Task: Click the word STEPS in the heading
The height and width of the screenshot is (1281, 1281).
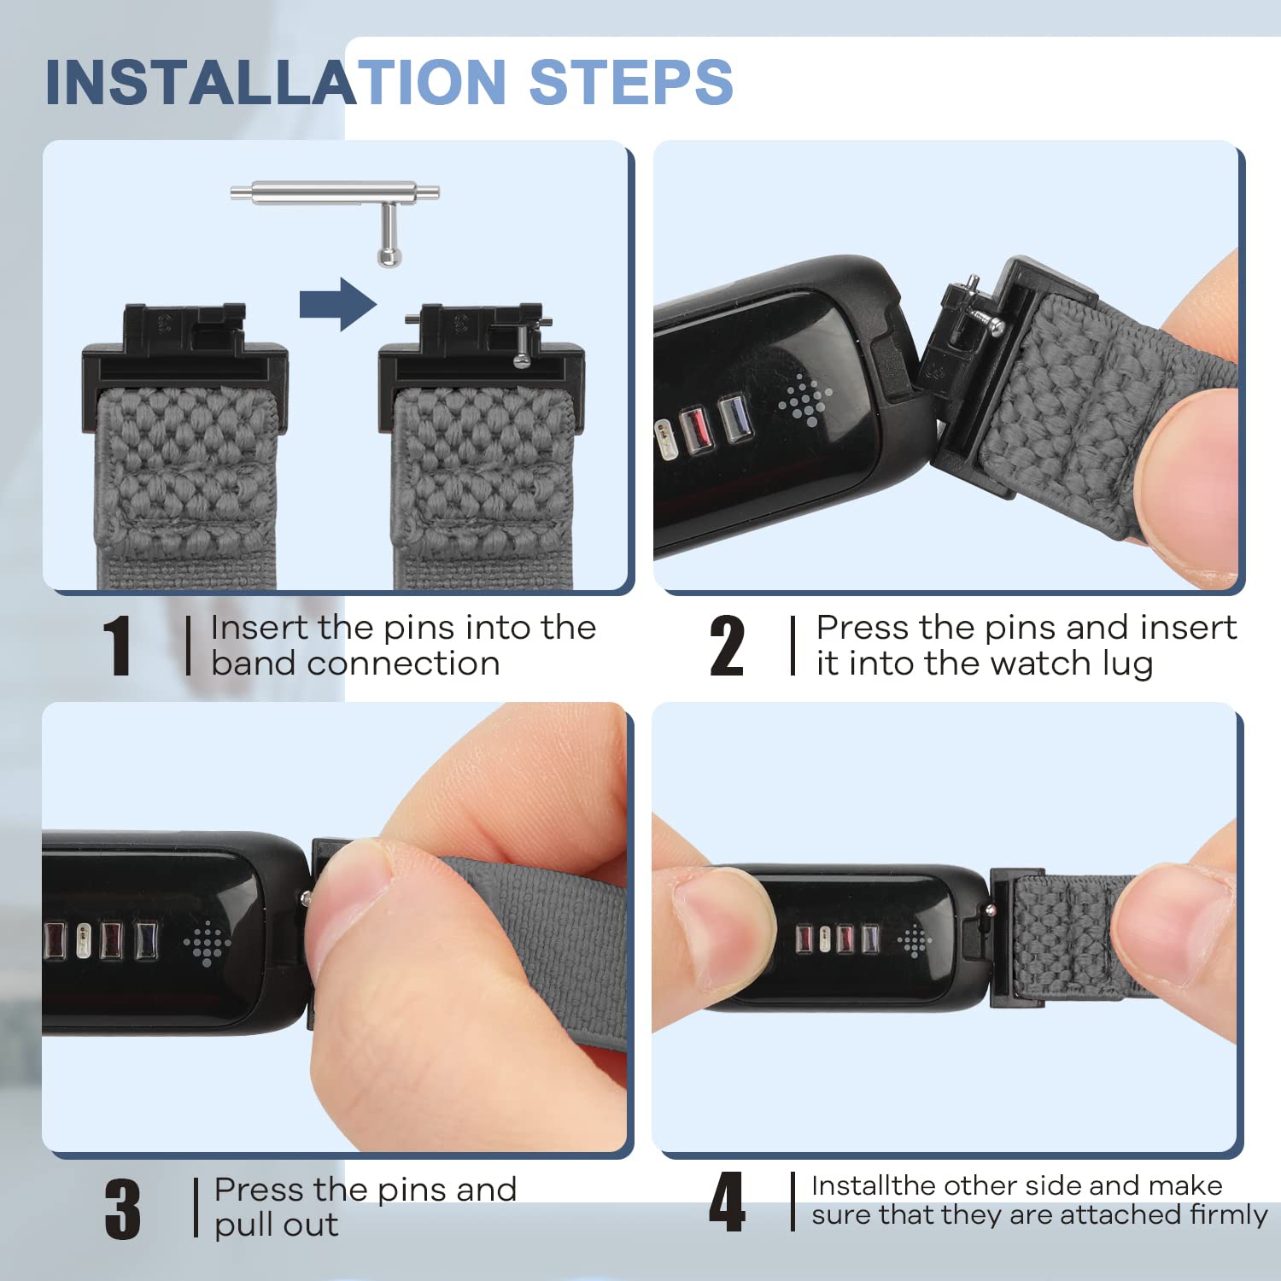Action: point(631,82)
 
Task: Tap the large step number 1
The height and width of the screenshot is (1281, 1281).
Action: point(117,646)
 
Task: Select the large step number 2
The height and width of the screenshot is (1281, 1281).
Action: point(727,646)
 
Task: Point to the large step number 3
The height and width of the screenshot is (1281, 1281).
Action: point(123,1208)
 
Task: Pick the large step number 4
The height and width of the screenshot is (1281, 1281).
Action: point(727,1202)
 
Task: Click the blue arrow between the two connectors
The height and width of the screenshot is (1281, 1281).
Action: point(338,304)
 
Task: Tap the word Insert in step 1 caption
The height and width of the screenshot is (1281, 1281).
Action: point(260,628)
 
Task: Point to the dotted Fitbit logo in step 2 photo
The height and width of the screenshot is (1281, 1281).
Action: point(804,399)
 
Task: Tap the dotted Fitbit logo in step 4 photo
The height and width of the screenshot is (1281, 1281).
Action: point(915,940)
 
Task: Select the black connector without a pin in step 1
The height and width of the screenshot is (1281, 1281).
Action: point(184,363)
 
